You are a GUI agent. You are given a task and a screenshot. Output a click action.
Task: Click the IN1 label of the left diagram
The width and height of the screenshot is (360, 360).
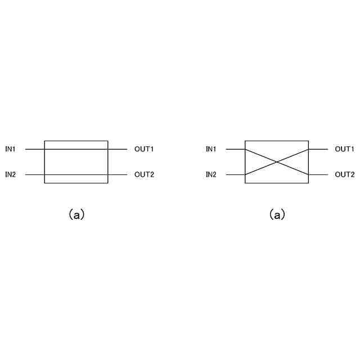point(11,149)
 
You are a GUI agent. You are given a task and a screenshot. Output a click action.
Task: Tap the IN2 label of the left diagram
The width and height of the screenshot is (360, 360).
point(11,174)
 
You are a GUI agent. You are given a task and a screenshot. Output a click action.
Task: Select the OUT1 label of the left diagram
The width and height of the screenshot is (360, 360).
point(144,149)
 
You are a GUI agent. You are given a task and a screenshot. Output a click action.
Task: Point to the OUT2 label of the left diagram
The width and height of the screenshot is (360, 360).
point(144,174)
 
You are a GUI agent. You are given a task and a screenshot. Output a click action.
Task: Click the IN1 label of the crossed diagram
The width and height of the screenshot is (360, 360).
point(211,149)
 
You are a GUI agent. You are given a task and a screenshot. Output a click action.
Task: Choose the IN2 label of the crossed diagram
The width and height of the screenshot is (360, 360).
point(211,174)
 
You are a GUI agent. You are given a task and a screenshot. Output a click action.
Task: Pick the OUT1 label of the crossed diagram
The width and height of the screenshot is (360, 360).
point(345,149)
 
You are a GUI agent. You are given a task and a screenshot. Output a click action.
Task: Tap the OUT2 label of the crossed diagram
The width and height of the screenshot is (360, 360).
point(345,174)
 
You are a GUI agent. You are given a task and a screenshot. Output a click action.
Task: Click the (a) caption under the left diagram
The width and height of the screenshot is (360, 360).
point(76,214)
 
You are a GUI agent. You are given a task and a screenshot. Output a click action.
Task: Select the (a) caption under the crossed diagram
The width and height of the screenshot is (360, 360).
point(277,214)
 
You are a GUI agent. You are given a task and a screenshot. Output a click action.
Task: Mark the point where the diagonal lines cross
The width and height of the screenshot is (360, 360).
point(277,162)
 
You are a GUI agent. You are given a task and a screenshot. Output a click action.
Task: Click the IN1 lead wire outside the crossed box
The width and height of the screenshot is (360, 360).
point(235,149)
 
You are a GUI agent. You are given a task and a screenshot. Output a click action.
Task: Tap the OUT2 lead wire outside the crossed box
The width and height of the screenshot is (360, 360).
point(318,174)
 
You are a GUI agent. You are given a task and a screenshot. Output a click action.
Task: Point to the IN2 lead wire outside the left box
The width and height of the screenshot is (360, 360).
point(34,174)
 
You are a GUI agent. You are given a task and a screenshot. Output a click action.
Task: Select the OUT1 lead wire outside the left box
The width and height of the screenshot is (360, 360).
point(118,149)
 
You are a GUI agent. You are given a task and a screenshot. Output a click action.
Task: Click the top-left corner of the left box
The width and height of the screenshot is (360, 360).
point(44,141)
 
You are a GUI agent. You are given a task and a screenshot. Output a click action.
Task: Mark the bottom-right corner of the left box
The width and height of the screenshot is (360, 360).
point(107,183)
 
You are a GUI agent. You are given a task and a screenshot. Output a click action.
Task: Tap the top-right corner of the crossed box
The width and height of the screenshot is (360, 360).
point(309,141)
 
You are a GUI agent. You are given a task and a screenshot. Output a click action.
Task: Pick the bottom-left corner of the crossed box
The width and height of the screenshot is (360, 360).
point(245,183)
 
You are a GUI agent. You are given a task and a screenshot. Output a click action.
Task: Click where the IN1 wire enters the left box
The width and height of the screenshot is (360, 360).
point(44,149)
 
